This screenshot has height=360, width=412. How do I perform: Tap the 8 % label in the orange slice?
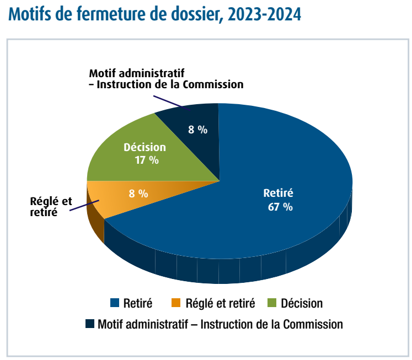click(x=138, y=194)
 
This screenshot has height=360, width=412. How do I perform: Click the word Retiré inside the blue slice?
click(x=278, y=194)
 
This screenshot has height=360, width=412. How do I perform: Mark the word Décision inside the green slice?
click(x=145, y=147)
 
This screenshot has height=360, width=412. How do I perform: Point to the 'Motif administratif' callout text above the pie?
click(x=165, y=79)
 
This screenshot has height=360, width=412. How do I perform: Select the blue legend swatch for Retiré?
click(x=115, y=303)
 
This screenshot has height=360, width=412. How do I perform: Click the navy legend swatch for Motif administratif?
click(x=89, y=324)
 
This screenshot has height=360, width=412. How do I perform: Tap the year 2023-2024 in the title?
click(x=263, y=14)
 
